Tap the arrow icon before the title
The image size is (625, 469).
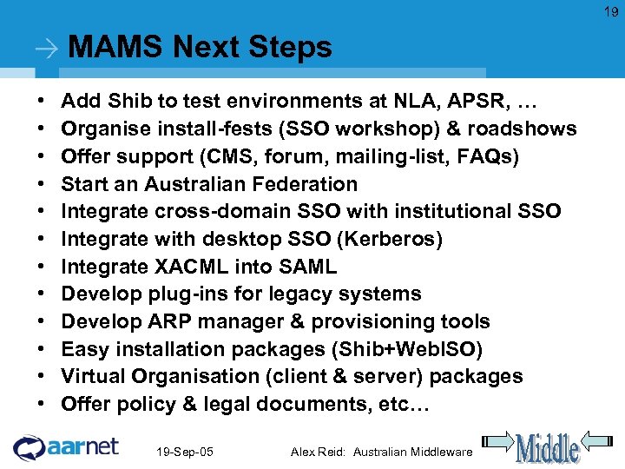pyautogui.click(x=49, y=50)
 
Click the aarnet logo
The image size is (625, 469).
pyautogui.click(x=66, y=447)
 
